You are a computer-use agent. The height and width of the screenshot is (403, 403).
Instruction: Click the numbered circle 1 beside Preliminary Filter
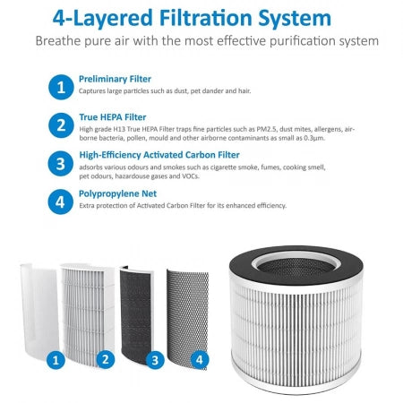pos(61,87)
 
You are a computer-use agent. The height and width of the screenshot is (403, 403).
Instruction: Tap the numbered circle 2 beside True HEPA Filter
pos(61,125)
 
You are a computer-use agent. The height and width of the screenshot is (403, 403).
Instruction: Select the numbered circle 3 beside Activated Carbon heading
pos(61,164)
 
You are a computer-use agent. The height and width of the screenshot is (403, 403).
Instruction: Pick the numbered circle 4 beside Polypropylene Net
pos(60,201)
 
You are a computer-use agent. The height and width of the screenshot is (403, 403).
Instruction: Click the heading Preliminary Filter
pos(115,79)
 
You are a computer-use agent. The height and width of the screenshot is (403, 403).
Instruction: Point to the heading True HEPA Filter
pos(113,117)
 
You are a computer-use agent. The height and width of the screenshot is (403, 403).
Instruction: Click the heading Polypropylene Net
pos(117,193)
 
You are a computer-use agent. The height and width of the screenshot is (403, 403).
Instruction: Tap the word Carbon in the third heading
pos(201,155)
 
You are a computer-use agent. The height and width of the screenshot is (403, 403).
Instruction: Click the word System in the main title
pos(295,19)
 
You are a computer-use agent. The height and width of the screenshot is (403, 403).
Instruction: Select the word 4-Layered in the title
pos(103,19)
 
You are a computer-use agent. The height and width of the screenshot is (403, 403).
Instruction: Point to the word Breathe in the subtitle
pos(58,40)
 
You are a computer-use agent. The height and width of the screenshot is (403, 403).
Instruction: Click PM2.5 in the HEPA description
pos(266,129)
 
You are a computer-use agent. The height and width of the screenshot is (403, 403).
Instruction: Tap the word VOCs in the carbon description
pos(191,176)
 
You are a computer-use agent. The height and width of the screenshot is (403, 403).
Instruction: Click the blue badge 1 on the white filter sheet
pos(56,360)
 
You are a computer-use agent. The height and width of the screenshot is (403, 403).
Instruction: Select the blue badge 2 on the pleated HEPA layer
pos(106,359)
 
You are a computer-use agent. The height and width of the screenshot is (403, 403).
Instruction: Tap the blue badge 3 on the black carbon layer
pos(155,360)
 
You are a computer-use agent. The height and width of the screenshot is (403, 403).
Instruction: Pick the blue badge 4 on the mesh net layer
pos(200,359)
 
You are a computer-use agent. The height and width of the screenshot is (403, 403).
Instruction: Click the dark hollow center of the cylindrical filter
pos(296,267)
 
